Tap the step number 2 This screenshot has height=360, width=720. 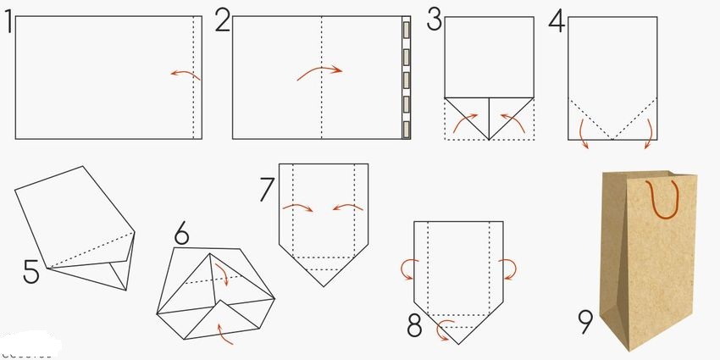pos(223,22)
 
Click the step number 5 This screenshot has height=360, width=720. pos(31,272)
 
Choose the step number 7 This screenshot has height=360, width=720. pos(267,189)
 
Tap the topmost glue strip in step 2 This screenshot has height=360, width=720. pos(406,30)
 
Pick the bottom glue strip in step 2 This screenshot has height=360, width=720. pos(406,130)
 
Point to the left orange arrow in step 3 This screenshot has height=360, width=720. pos(464,120)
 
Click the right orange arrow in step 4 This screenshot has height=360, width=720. pos(650,133)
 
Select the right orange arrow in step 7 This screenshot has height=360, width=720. pos(347,206)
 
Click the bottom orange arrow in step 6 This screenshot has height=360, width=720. pos(224,334)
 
